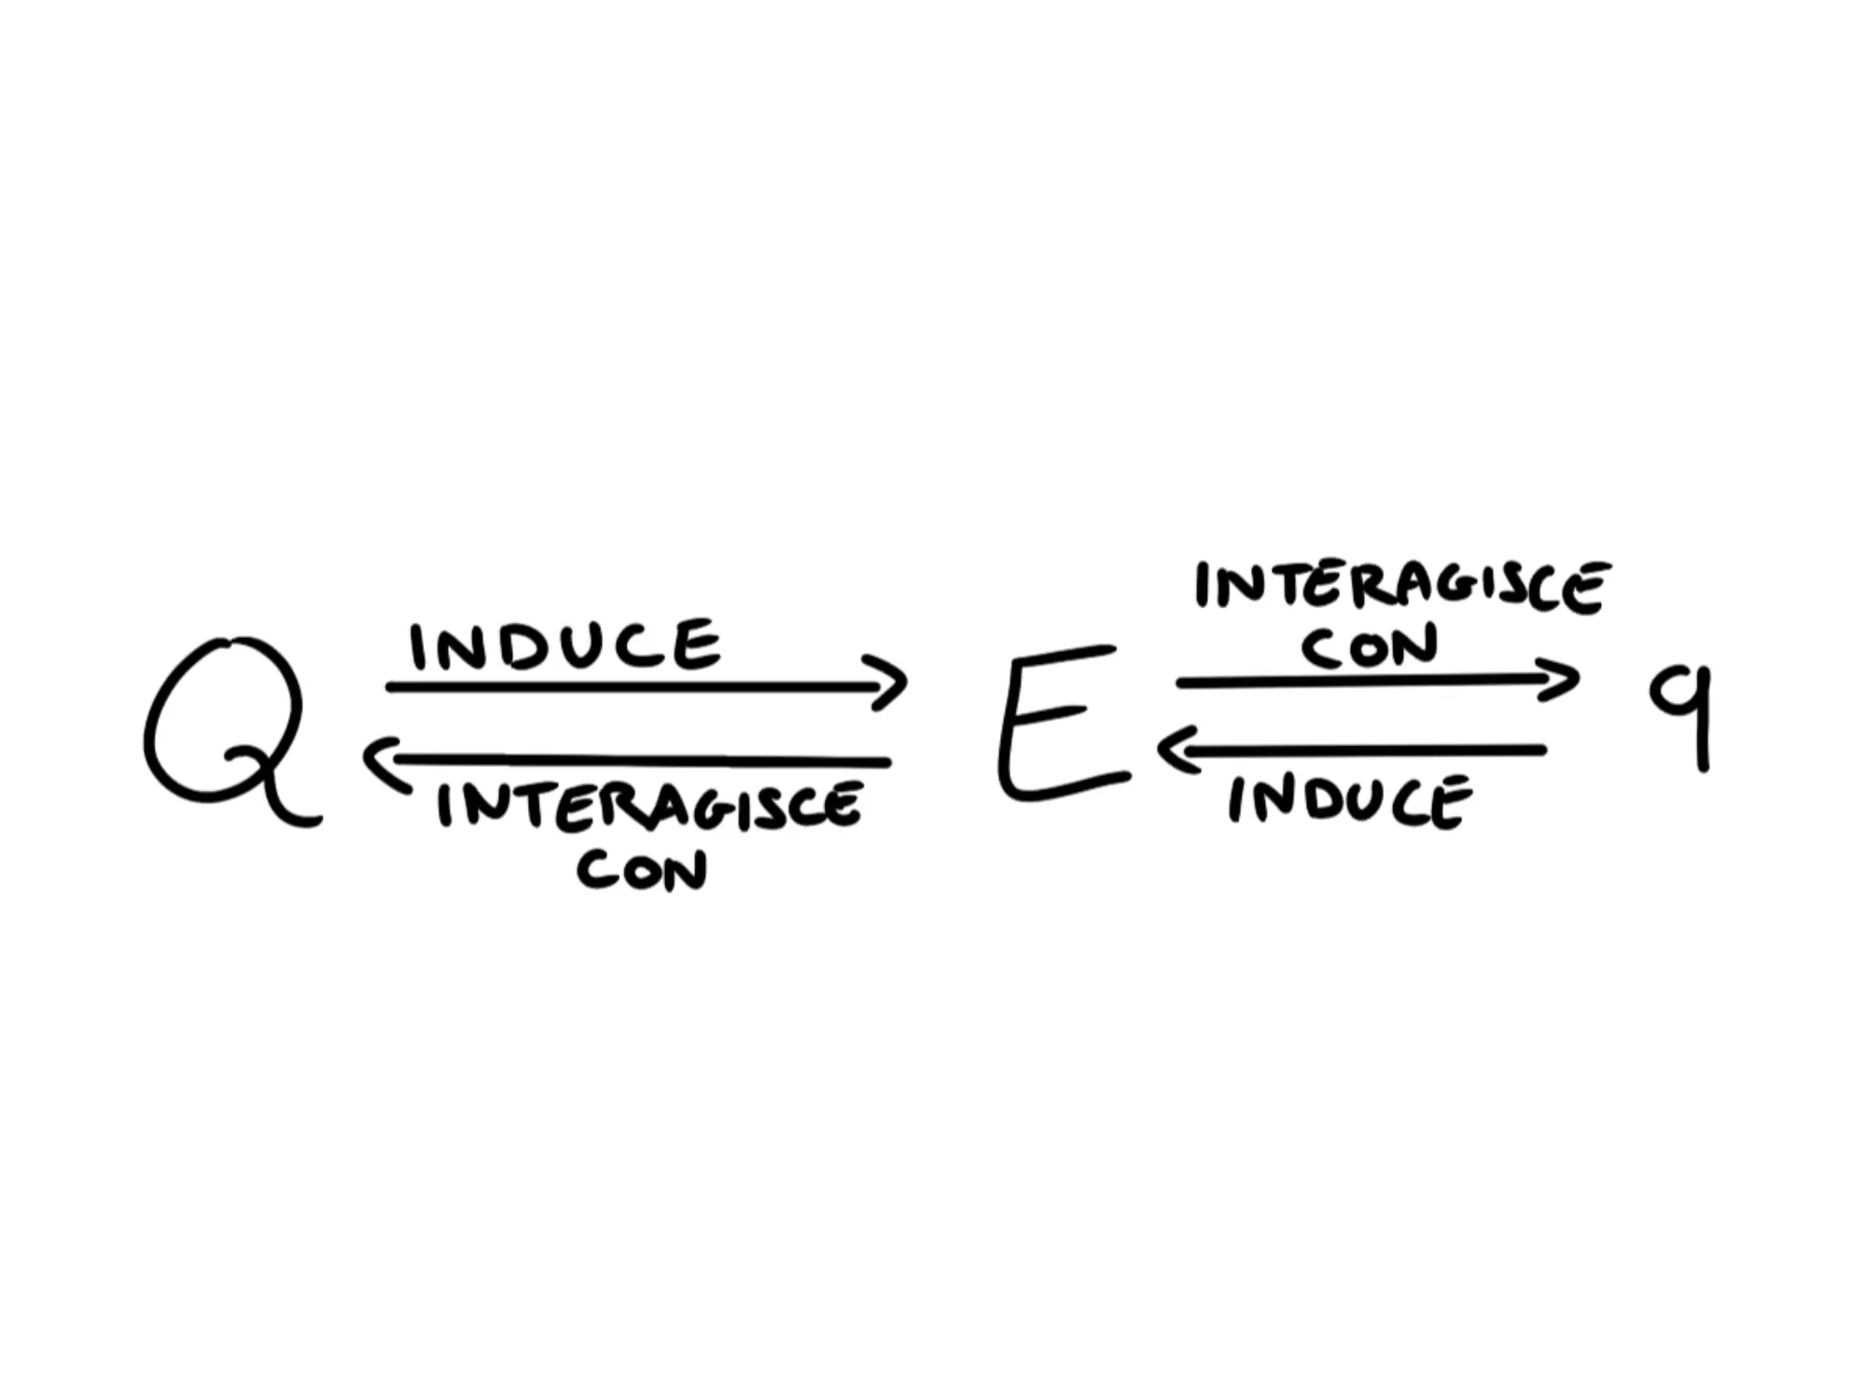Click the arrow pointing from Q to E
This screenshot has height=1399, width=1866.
click(x=644, y=687)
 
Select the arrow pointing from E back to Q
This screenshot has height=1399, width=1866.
click(x=634, y=760)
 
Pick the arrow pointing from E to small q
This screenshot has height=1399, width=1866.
click(x=1372, y=682)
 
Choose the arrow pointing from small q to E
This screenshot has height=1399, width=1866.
click(x=1353, y=749)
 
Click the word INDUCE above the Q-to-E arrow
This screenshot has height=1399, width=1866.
click(x=565, y=645)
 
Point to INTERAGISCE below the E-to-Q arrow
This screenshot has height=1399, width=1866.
click(x=649, y=806)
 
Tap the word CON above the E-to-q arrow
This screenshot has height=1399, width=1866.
click(x=1370, y=646)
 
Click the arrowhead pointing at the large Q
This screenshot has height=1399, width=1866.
click(x=381, y=760)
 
